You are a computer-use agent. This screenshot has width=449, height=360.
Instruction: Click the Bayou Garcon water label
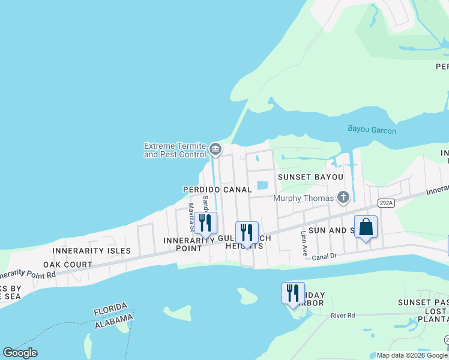372,129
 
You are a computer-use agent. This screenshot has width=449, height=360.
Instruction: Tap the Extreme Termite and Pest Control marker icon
215,148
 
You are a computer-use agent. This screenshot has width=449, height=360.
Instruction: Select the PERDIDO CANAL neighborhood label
217,189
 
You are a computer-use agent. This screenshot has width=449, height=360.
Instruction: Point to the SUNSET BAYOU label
310,177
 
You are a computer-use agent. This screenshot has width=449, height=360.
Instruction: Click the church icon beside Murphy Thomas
343,197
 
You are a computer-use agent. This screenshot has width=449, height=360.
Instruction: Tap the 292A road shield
385,203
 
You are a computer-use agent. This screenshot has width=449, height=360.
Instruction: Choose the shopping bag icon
366,227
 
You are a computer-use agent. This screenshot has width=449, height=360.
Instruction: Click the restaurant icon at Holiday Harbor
293,293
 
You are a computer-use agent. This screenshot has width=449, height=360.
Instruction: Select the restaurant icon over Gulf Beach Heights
247,233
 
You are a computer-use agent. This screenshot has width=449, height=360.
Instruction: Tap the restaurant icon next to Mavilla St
205,223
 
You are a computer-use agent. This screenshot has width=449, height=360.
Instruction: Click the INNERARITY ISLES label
91,250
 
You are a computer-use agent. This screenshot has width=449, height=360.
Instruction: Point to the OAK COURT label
67,264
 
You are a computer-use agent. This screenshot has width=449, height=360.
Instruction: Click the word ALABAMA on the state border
112,323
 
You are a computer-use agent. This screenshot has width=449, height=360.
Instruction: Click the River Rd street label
343,315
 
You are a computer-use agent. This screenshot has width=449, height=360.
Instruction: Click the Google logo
20,353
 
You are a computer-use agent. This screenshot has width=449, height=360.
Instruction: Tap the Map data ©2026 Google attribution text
411,355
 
